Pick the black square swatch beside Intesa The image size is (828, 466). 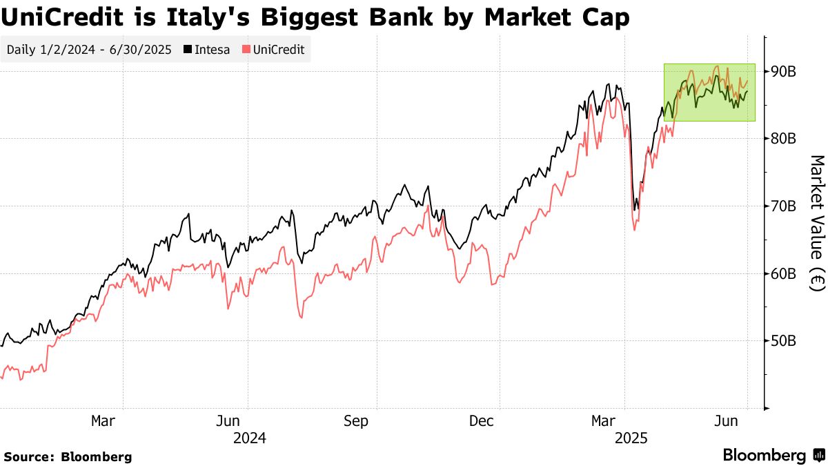[188, 50]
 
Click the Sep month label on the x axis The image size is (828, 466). [356, 420]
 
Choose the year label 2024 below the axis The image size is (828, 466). [249, 438]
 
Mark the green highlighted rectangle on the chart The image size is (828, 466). [709, 93]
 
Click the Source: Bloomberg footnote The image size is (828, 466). [68, 456]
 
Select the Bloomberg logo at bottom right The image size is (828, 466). [773, 455]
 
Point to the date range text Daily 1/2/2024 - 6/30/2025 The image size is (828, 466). [90, 50]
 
